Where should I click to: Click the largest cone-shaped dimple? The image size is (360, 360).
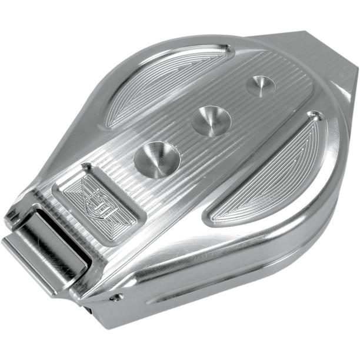tap(157, 159)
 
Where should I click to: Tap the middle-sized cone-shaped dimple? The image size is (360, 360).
tap(211, 121)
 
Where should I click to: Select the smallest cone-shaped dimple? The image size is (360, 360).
tap(261, 86)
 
